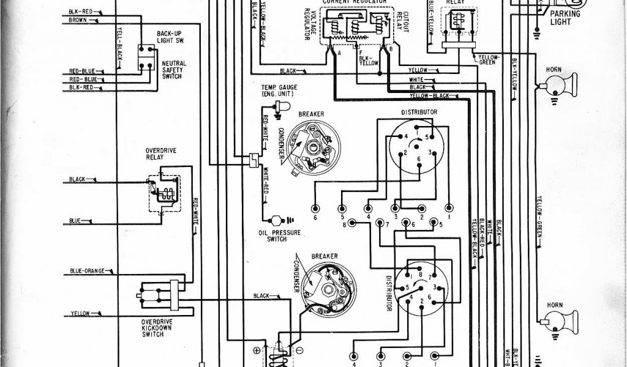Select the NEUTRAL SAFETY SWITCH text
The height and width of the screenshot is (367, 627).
click(x=174, y=72)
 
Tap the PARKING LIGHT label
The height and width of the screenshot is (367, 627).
click(x=565, y=18)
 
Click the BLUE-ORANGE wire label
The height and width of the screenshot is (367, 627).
click(x=88, y=270)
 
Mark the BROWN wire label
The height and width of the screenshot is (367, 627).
click(x=77, y=20)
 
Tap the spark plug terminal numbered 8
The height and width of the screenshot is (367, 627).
click(x=345, y=224)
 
